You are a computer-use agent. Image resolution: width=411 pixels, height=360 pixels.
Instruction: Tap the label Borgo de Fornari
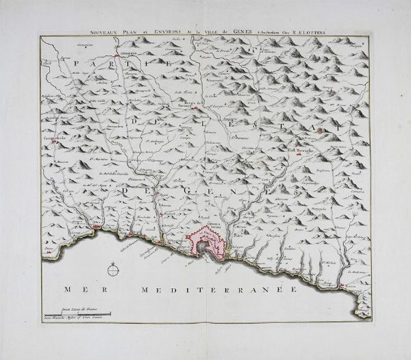click(197, 103)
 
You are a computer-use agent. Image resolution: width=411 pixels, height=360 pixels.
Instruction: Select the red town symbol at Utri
click(96, 227)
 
